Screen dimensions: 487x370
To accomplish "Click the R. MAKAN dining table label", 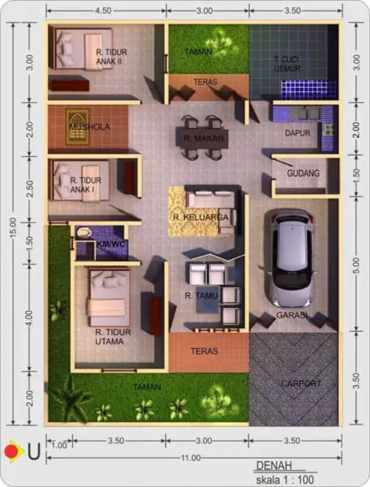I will pos(200,139).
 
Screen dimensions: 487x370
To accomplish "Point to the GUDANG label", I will pos(303,173).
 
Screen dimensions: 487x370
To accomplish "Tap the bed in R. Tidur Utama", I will pos(108,297).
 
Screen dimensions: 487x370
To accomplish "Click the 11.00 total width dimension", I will pos(191,459).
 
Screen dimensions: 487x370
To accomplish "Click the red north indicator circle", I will pos(11,450).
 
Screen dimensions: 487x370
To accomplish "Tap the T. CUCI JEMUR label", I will pos(288,64).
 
